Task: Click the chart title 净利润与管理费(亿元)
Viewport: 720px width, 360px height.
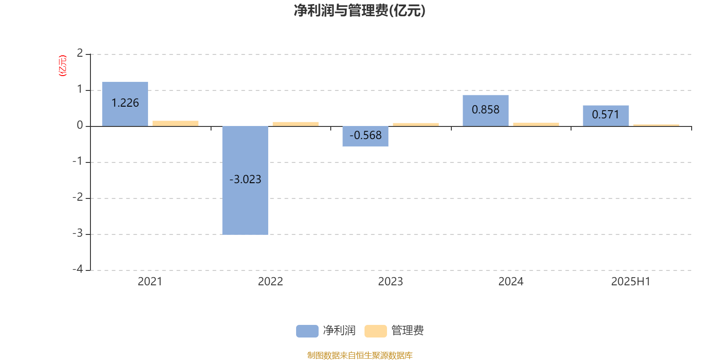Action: pos(360,11)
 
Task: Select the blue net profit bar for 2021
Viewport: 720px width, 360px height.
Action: pos(125,104)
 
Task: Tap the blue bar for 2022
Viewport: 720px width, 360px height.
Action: pos(245,180)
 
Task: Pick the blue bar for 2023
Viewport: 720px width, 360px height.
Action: pos(365,136)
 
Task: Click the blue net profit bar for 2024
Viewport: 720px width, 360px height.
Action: pos(486,111)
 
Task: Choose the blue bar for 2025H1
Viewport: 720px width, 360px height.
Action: pos(606,116)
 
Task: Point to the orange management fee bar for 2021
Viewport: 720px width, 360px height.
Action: pos(175,123)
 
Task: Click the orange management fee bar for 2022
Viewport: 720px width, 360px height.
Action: pos(296,124)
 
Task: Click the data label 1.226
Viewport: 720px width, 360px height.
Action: pos(125,103)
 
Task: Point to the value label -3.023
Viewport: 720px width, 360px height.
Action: pos(245,180)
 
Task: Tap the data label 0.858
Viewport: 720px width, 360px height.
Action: pos(486,110)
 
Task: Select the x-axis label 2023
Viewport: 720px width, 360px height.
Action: pos(391,282)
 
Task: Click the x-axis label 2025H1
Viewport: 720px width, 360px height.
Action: pos(630,282)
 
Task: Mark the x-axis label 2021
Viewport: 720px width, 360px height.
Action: pos(150,282)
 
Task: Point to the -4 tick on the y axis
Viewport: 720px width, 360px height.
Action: pos(78,269)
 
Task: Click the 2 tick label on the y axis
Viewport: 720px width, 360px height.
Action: pos(80,53)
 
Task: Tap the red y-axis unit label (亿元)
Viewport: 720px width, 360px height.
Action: pos(63,66)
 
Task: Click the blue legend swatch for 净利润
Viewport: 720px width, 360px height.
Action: pos(307,331)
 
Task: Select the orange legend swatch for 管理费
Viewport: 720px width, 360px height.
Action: pos(375,331)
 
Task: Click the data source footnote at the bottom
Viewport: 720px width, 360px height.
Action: pos(360,355)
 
